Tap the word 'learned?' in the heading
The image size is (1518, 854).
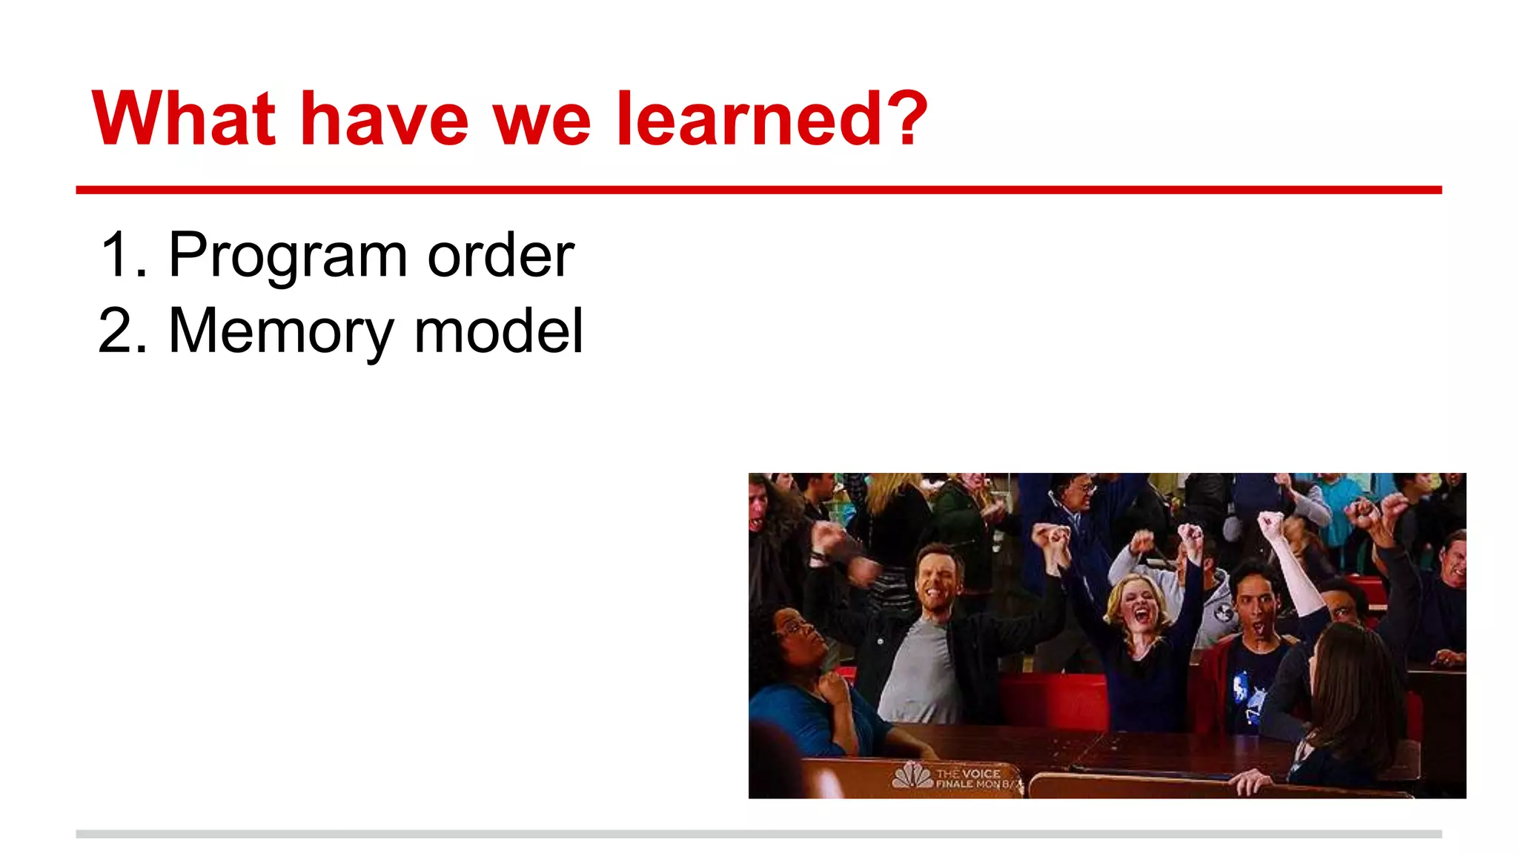coord(771,119)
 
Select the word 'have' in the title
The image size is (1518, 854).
coord(384,119)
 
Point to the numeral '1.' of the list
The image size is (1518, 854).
coord(123,255)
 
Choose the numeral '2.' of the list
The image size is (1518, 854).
coord(123,331)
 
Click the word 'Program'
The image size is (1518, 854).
coord(288,256)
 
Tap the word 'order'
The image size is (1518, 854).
coord(500,255)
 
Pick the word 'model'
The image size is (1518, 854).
coord(498,331)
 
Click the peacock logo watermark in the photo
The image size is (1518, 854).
coord(912,776)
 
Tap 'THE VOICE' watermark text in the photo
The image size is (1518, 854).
coord(968,773)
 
